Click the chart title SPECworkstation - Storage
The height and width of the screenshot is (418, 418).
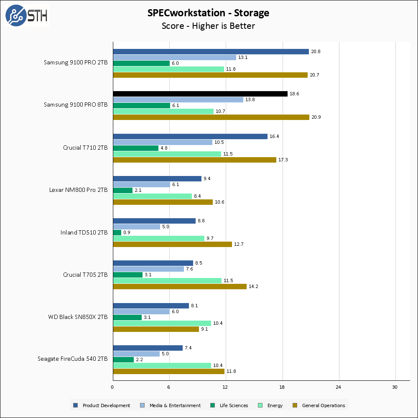tap(208, 13)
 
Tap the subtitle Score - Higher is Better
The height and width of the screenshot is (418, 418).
tap(208, 26)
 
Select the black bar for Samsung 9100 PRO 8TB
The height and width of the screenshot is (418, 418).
tap(200, 94)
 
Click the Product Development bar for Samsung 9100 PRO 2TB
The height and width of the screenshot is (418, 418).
tap(211, 51)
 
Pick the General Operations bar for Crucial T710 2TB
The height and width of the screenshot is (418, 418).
tap(194, 160)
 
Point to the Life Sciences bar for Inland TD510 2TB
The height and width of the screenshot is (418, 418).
tap(117, 232)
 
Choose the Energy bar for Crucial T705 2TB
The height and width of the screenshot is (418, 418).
tap(167, 280)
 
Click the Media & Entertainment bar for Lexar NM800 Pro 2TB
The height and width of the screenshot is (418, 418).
tap(142, 184)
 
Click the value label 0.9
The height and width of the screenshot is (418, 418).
tap(127, 232)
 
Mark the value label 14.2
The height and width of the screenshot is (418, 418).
tap(254, 286)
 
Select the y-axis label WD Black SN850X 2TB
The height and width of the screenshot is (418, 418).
tap(78, 317)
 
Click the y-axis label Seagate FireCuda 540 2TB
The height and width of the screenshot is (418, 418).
tap(72, 359)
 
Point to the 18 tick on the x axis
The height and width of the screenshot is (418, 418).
tap(282, 387)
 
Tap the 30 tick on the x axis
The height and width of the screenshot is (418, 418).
tap(395, 387)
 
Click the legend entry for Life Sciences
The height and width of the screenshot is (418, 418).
tap(229, 405)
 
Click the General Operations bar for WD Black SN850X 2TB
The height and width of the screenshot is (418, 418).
tap(155, 329)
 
